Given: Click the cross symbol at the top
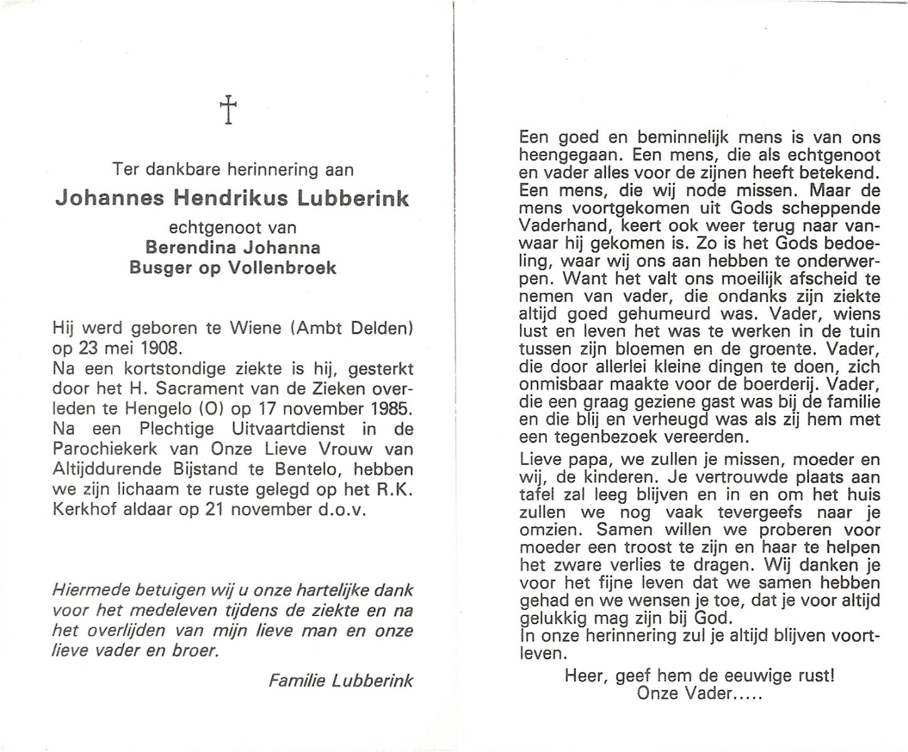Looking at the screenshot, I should pos(229,109).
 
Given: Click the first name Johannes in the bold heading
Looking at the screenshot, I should pos(110,198).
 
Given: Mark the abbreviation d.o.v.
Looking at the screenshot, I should pos(343,509).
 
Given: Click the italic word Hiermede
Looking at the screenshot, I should pos(90,590).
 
